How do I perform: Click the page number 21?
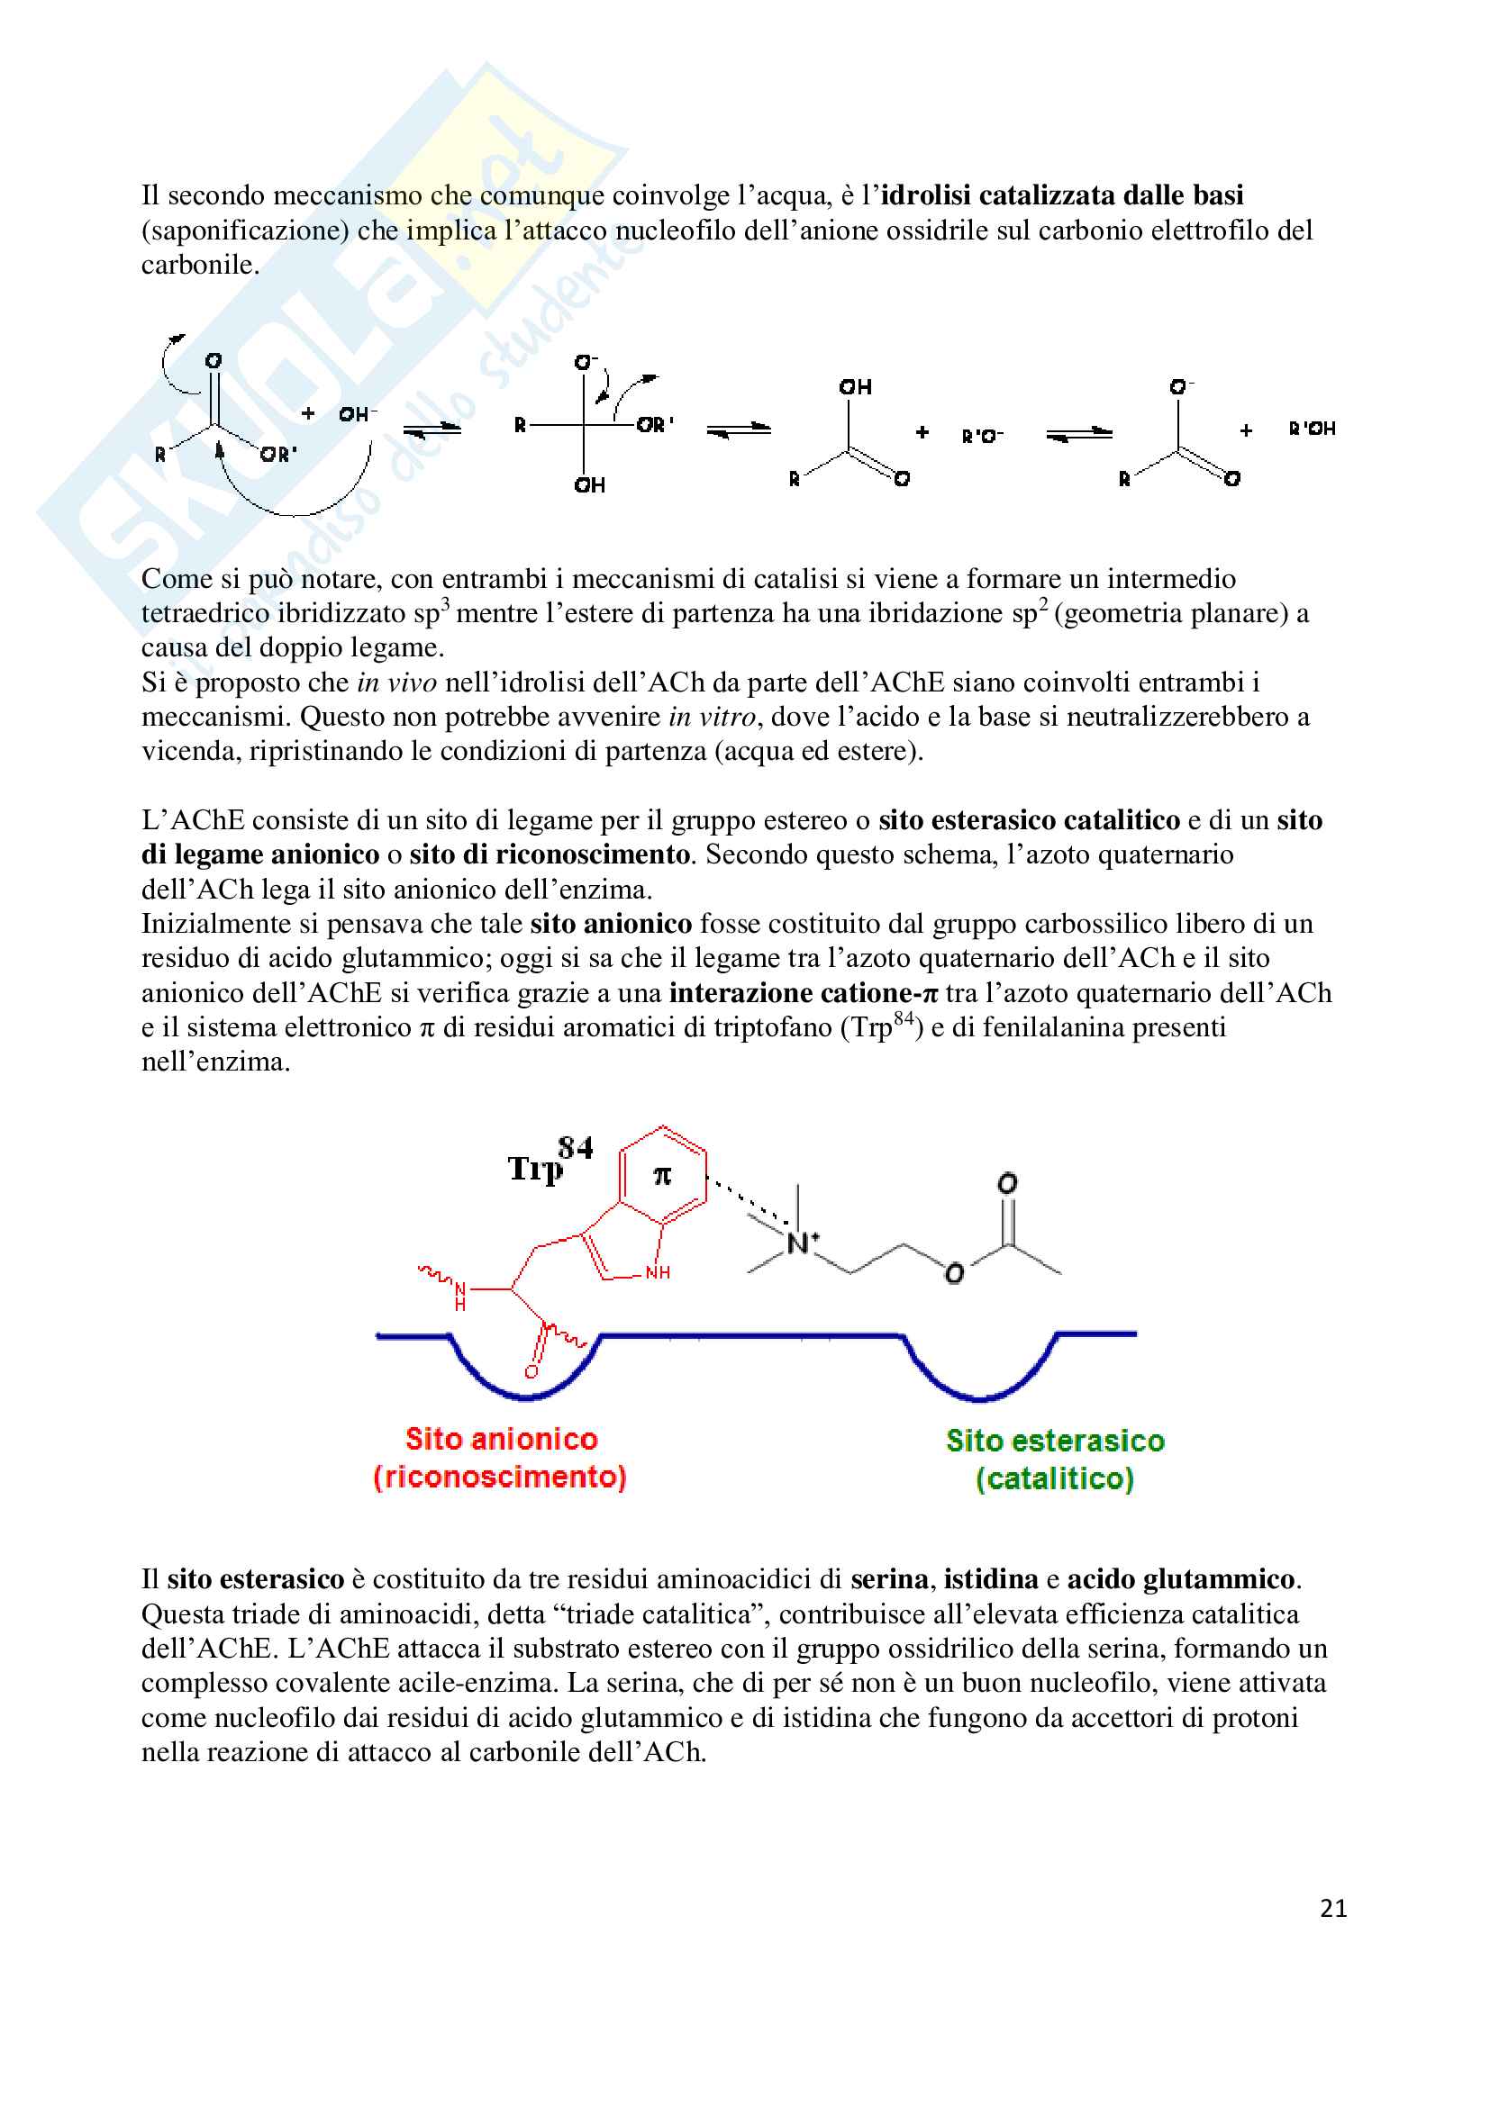coord(1332,1908)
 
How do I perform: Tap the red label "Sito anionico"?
coord(501,1439)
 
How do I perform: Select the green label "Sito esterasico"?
coord(1055,1441)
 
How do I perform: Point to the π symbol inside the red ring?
coord(661,1175)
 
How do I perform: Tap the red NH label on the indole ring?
coord(657,1272)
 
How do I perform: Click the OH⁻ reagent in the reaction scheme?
coord(357,414)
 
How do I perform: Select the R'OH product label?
coord(1312,429)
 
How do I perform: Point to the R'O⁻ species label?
coord(982,436)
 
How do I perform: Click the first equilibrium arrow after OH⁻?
coord(432,429)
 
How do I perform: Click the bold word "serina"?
coord(889,1578)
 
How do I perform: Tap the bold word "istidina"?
coord(991,1578)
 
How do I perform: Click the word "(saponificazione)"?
coord(245,230)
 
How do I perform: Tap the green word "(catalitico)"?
coord(1055,1478)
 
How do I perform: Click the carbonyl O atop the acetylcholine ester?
coord(1006,1183)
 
